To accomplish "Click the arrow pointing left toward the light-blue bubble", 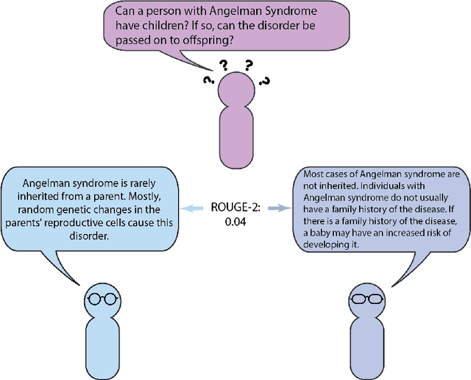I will [x=194, y=208].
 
